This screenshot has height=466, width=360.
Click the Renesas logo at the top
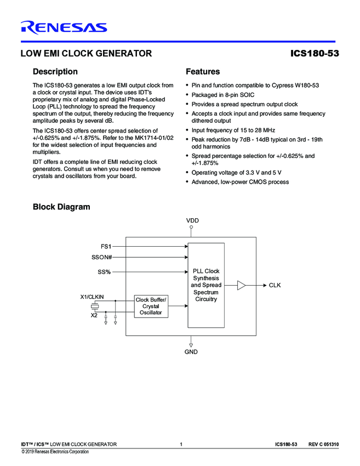point(64,27)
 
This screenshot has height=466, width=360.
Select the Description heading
point(55,71)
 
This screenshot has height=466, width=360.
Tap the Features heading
point(203,71)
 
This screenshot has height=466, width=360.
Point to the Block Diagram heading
point(61,207)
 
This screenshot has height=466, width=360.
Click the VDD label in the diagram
point(192,220)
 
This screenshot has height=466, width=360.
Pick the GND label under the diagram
point(191,351)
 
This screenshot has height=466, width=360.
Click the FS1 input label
point(106,247)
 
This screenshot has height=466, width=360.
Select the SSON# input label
point(102,257)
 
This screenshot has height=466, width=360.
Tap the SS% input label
point(104,272)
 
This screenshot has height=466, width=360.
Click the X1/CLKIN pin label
point(92,297)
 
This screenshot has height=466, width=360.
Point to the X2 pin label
point(94,316)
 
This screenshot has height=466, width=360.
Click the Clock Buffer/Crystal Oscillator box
point(151,306)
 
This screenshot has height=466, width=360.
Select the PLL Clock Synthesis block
point(206,285)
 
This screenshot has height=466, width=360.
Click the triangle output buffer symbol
point(242,285)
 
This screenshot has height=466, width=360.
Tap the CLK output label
point(275,285)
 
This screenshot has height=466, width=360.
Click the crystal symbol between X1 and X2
point(94,307)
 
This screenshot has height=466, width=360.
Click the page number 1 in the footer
point(181,444)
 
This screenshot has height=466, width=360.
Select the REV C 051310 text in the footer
point(323,444)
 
